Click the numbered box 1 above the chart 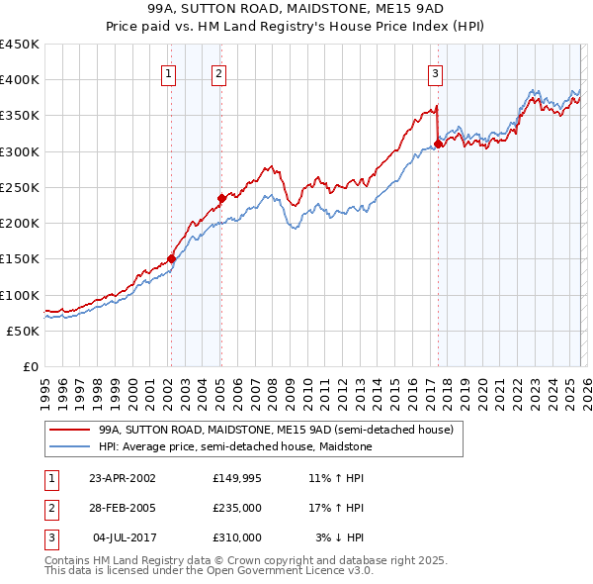point(169,72)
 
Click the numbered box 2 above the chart point(218,72)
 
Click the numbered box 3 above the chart point(435,72)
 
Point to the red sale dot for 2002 point(171,259)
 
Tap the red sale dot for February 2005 point(221,198)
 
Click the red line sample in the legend point(69,431)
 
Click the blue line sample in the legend point(69,445)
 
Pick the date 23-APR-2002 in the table point(122,478)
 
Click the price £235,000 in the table point(237,508)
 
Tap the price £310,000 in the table point(237,537)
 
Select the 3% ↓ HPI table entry point(340,537)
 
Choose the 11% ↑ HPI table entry point(337,478)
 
